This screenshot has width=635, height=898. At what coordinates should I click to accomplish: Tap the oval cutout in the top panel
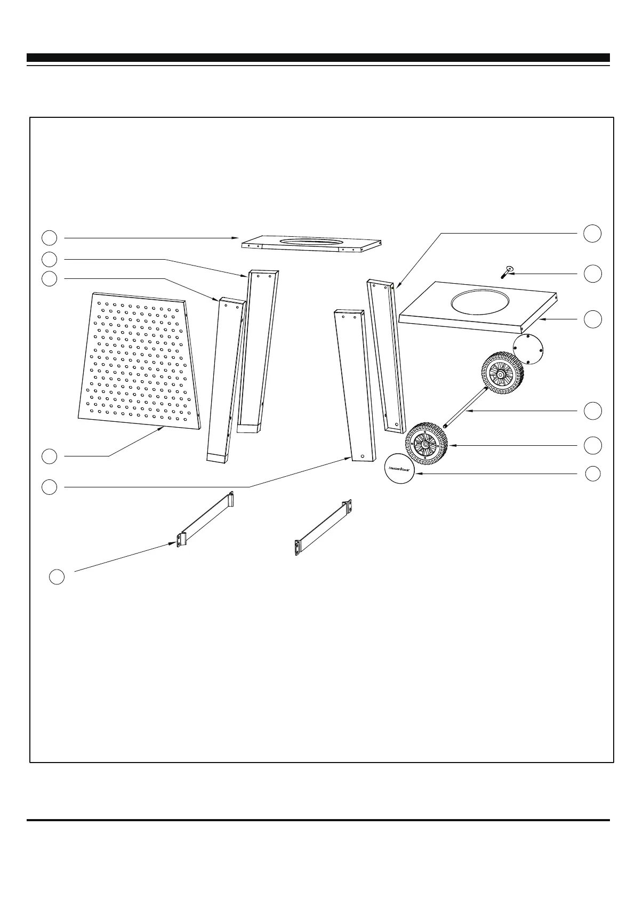click(312, 243)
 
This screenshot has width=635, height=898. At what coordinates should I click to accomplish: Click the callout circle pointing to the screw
click(592, 274)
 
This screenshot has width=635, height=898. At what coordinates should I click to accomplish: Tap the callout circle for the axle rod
click(592, 411)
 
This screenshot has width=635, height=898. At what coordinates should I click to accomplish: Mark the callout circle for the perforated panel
click(50, 456)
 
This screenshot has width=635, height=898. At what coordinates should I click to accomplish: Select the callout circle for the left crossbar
click(57, 576)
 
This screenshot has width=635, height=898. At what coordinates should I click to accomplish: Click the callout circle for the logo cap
click(593, 474)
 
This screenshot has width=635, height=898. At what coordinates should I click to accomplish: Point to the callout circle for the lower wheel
click(592, 445)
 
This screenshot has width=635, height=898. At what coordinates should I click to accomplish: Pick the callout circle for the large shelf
click(592, 319)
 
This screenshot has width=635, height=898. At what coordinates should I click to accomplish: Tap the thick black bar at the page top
click(318, 58)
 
